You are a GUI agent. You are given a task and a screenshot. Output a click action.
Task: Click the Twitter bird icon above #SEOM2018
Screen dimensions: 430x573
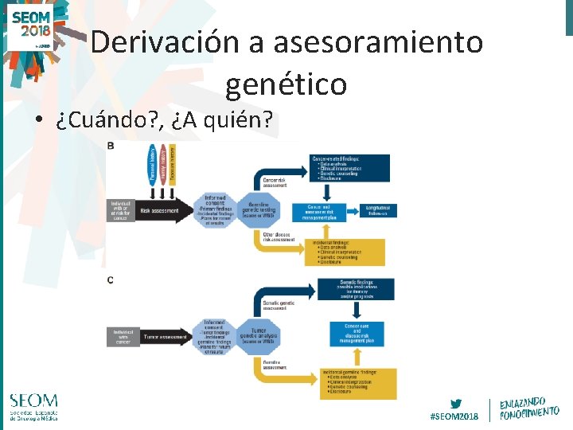(x=455, y=403)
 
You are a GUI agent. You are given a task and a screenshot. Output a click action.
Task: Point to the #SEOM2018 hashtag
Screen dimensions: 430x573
(x=455, y=416)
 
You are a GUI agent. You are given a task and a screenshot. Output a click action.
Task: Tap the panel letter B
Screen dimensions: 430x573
(x=110, y=146)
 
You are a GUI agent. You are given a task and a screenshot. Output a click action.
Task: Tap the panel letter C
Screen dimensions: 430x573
(x=110, y=279)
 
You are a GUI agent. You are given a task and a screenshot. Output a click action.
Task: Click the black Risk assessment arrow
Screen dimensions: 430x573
(x=162, y=210)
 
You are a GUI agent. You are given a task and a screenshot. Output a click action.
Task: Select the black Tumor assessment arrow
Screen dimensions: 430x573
(x=162, y=337)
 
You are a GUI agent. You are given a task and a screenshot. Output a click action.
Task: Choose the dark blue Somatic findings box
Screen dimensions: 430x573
(x=357, y=289)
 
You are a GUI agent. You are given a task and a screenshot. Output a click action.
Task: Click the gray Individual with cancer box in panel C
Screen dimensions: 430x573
(x=123, y=337)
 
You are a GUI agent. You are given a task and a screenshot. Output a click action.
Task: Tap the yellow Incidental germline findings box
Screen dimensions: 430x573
(x=357, y=385)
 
